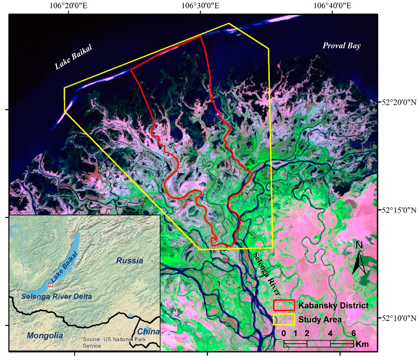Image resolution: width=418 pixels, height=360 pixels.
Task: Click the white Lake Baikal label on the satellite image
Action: pos(74,57)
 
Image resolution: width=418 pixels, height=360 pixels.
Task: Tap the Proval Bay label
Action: pos(342,46)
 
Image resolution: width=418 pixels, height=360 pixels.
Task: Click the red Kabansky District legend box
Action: pos(284,305)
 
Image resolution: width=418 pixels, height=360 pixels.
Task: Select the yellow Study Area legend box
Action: pos(284,319)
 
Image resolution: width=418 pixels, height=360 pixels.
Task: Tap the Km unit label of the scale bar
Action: pos(362,344)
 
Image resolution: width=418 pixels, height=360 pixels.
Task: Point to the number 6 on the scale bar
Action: pos(354,333)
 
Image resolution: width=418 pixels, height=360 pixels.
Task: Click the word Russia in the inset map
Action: pos(130,260)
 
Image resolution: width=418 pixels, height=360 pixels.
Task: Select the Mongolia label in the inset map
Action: pos(45,336)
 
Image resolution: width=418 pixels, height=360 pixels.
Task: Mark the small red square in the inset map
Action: pos(51,284)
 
